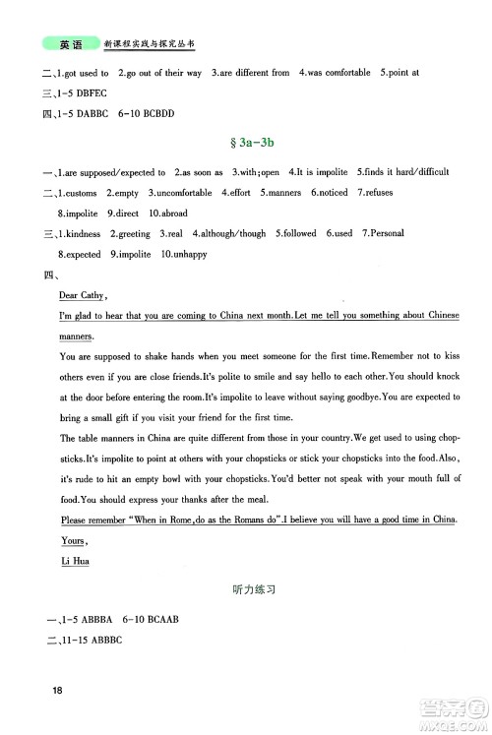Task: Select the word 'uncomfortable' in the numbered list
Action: click(182, 193)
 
